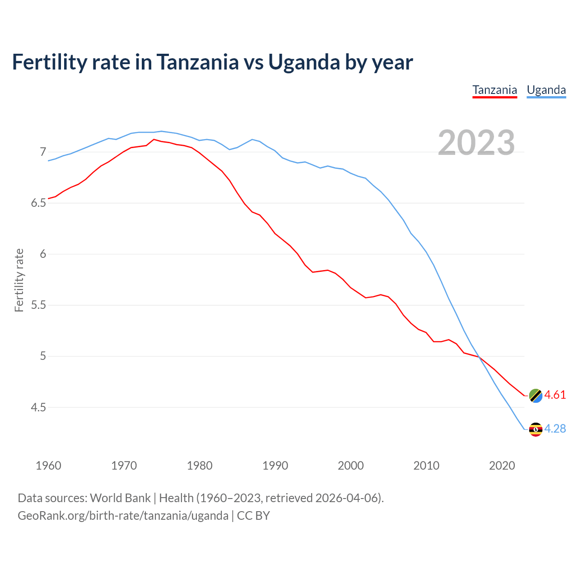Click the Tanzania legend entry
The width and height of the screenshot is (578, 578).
pyautogui.click(x=494, y=90)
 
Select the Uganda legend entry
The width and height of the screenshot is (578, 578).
pyautogui.click(x=546, y=90)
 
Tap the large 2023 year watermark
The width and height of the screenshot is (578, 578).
pyautogui.click(x=476, y=143)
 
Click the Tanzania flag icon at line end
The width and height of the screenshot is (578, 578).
pyautogui.click(x=535, y=395)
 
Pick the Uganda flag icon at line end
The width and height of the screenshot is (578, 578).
pyautogui.click(x=535, y=429)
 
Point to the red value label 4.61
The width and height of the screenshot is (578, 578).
pyautogui.click(x=555, y=395)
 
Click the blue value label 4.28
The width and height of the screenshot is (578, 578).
pyautogui.click(x=555, y=429)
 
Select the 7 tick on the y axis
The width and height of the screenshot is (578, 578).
pyautogui.click(x=43, y=152)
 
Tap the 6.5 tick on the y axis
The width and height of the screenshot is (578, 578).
pyautogui.click(x=38, y=203)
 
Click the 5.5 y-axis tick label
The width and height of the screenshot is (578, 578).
pyautogui.click(x=38, y=305)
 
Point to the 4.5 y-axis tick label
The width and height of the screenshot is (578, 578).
pyautogui.click(x=38, y=407)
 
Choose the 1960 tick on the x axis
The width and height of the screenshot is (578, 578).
pyautogui.click(x=48, y=466)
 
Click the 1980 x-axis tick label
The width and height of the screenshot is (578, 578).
pyautogui.click(x=200, y=466)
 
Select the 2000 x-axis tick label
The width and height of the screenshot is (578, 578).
pyautogui.click(x=351, y=466)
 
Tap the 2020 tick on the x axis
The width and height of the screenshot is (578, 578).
pyautogui.click(x=502, y=466)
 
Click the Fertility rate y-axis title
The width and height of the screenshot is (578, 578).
pyautogui.click(x=19, y=280)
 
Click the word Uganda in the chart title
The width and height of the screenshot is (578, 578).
pyautogui.click(x=304, y=62)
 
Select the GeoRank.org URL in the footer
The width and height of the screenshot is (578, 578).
pyautogui.click(x=123, y=515)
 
